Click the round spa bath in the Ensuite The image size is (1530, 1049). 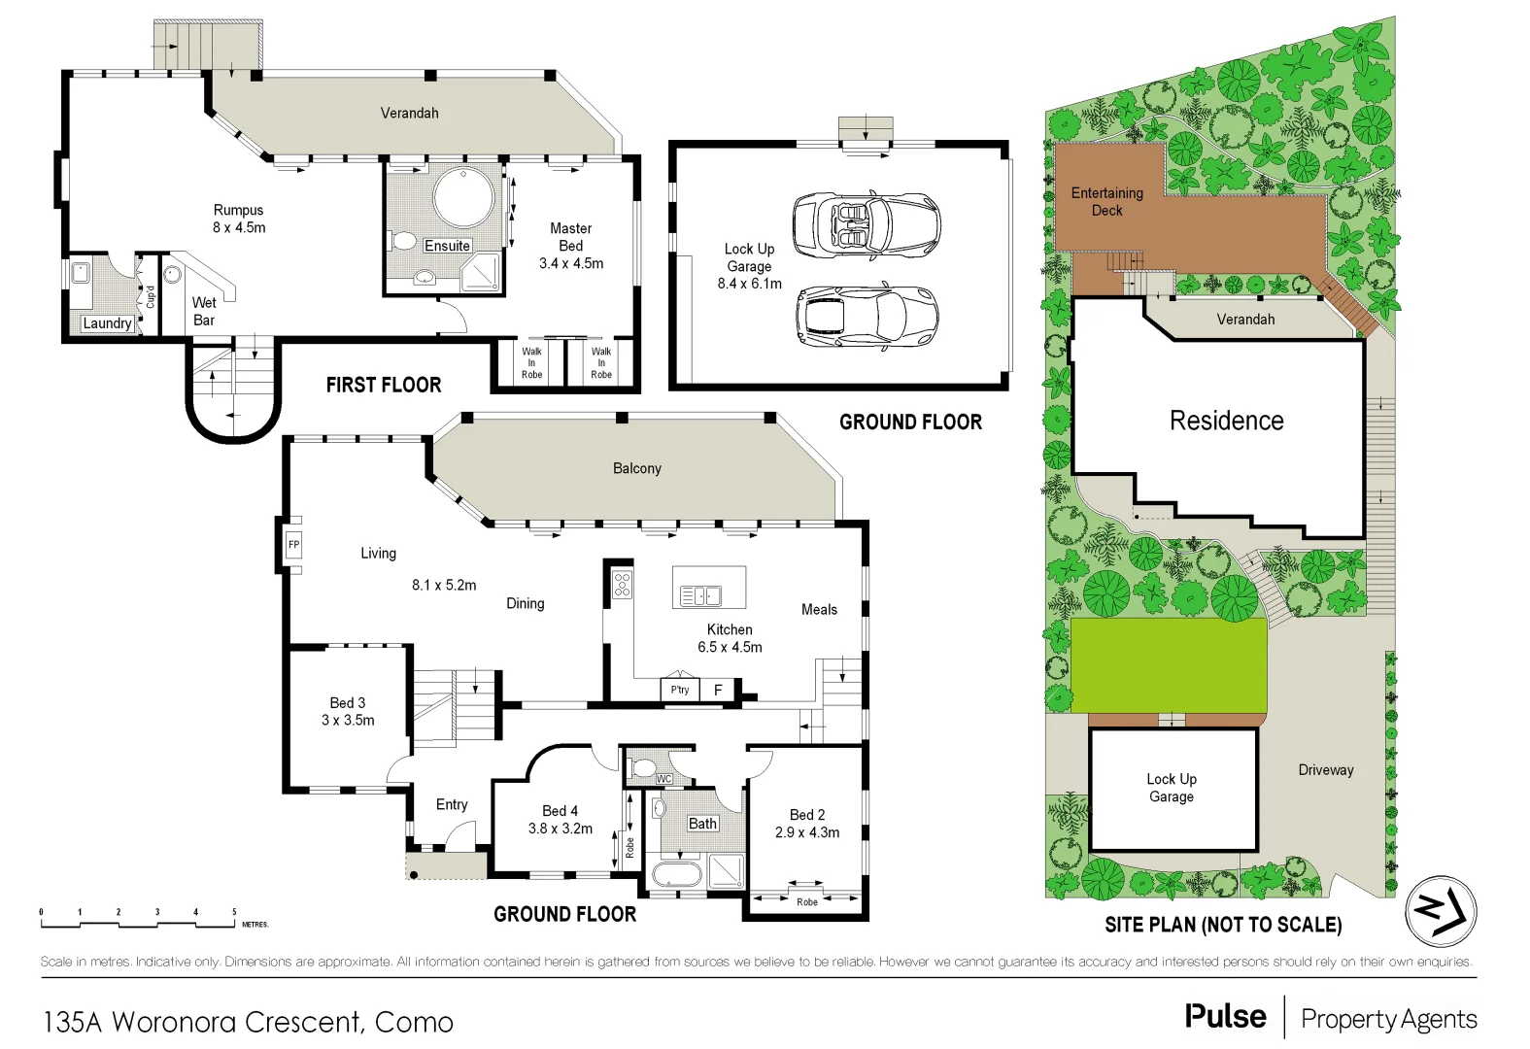coord(463,198)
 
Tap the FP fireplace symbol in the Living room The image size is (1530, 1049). coord(293,545)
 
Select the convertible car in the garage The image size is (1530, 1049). coord(866,224)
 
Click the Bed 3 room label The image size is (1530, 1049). coord(347,702)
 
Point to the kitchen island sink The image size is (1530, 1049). coord(700,595)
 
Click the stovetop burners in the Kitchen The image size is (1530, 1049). coord(622,585)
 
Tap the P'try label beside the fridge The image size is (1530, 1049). coord(680,690)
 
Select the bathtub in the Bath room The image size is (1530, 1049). coord(676,873)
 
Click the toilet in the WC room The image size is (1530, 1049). coord(643,767)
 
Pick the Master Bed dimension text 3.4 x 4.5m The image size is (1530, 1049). coord(571,263)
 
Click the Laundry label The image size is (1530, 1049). coord(107,323)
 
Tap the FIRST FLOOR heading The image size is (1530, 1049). coord(384,385)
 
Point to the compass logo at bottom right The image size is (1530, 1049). coord(1441,911)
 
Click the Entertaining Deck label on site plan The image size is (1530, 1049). coord(1106,201)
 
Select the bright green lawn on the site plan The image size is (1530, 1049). coord(1169,664)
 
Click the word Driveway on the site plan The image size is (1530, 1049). coord(1325,769)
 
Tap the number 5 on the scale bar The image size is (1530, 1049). coord(234,912)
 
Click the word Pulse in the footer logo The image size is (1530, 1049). coord(1225,1017)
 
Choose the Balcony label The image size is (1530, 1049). coord(636,468)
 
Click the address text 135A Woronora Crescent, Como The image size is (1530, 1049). coord(248,1022)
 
